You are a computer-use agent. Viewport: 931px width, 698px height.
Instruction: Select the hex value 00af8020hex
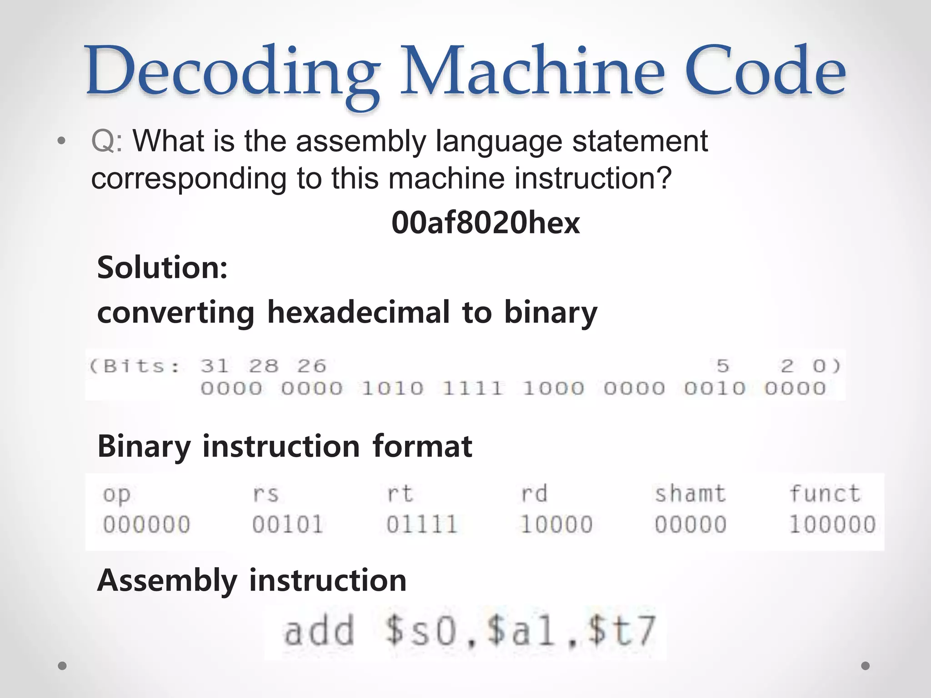click(486, 223)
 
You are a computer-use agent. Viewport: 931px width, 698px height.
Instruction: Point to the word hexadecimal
click(358, 313)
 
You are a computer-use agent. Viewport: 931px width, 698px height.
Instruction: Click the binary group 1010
click(392, 389)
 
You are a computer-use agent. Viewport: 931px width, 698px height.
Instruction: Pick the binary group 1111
click(473, 389)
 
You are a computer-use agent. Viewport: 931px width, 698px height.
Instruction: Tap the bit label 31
click(214, 366)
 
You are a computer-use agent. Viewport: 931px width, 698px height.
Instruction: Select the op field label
click(116, 494)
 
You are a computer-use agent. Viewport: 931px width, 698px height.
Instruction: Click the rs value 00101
click(287, 524)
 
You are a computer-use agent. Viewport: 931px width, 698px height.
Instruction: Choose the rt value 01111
click(421, 524)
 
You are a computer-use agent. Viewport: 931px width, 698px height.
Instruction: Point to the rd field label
click(534, 494)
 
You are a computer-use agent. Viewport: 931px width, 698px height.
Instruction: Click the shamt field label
click(690, 494)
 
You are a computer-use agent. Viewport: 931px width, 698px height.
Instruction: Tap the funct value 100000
click(832, 524)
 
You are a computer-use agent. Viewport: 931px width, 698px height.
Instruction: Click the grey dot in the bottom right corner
click(866, 666)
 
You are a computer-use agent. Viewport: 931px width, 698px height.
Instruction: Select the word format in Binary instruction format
click(422, 446)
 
